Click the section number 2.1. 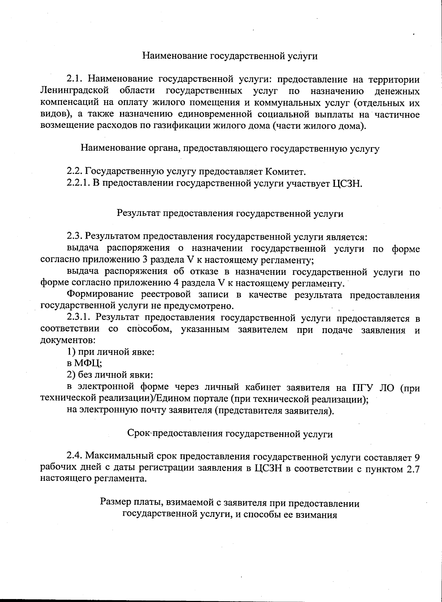click(x=76, y=79)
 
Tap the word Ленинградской click(x=75, y=91)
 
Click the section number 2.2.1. click(x=78, y=183)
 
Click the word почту click(x=151, y=410)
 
